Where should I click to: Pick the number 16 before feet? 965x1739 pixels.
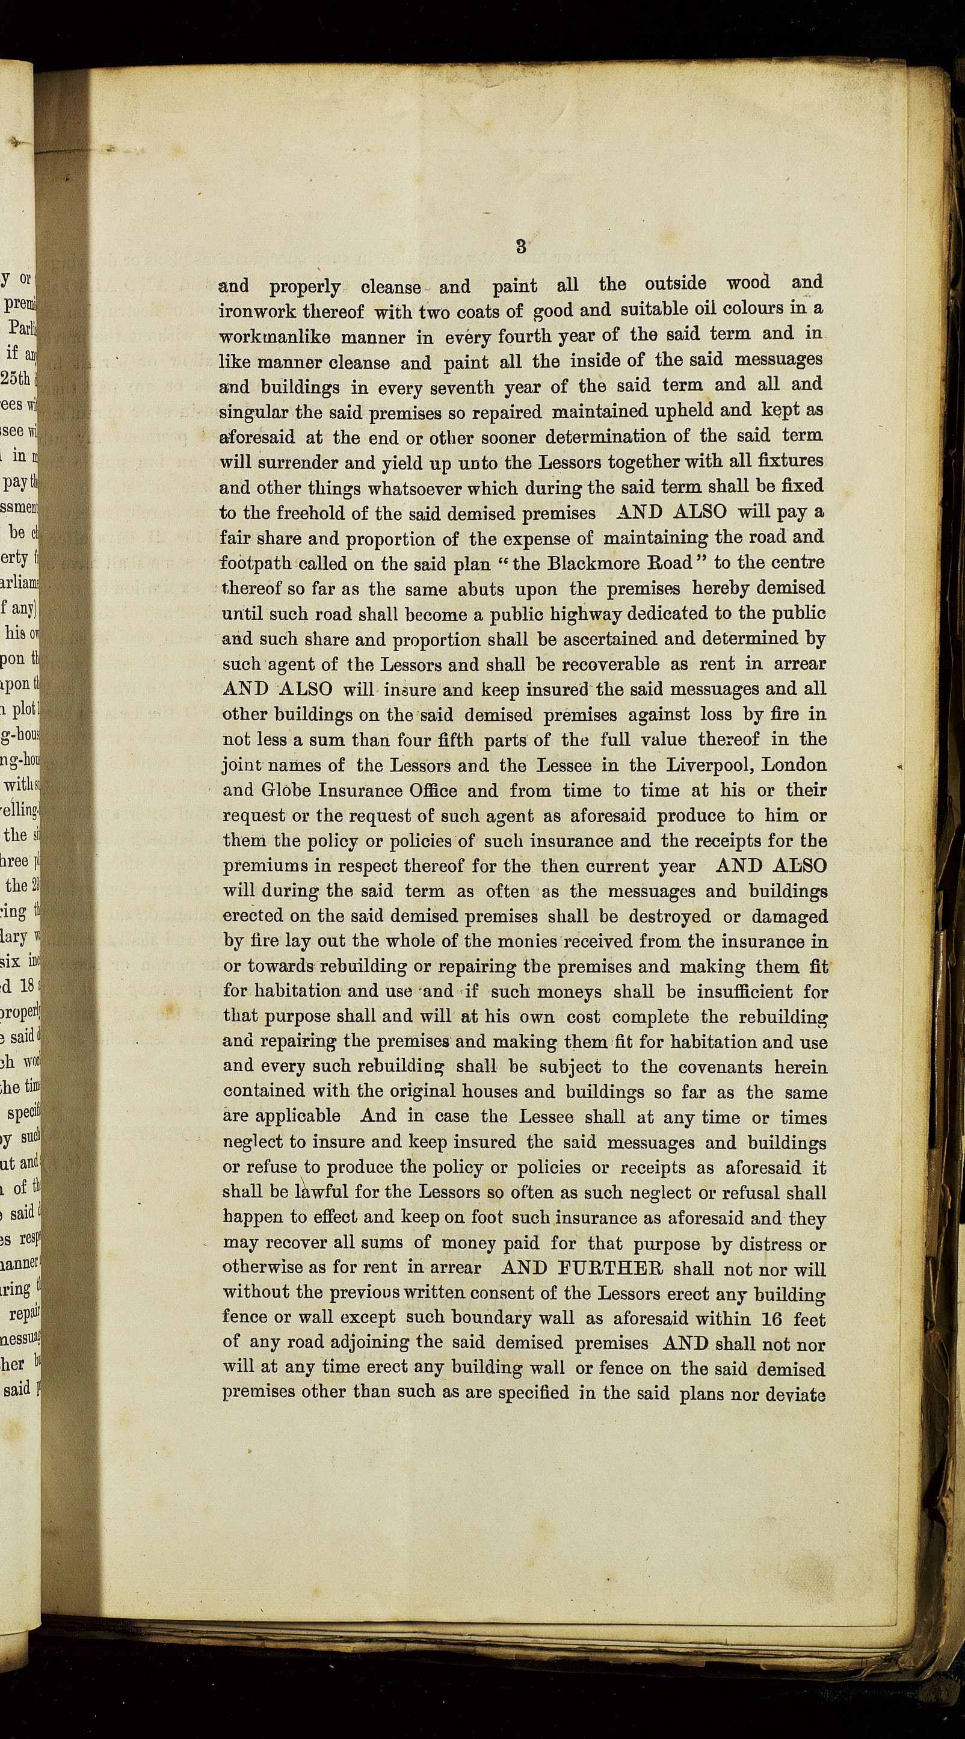point(771,1318)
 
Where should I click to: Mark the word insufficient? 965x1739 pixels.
point(738,992)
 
